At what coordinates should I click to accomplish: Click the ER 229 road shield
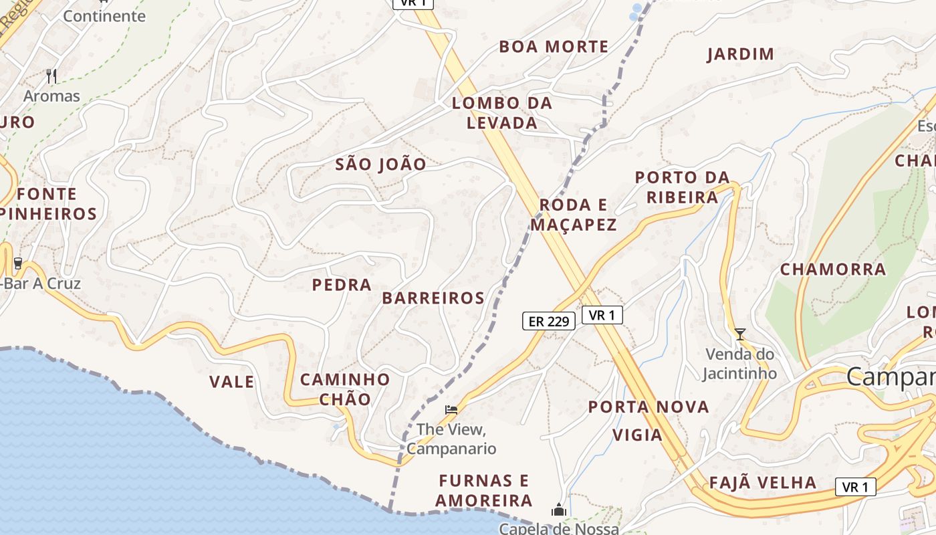(x=548, y=321)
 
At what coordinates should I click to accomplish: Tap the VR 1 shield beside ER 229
(x=602, y=315)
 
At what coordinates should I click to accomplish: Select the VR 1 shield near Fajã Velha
(x=855, y=487)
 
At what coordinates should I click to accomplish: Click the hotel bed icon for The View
(x=451, y=409)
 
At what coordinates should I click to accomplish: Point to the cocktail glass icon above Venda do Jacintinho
(x=739, y=334)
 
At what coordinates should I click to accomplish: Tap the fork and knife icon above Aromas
(x=51, y=76)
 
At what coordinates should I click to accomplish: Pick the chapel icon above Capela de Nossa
(x=559, y=510)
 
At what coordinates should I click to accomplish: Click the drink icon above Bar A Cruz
(x=18, y=263)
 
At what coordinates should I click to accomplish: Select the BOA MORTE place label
(x=554, y=47)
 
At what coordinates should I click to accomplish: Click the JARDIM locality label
(x=741, y=54)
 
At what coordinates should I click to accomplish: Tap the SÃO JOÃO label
(x=380, y=165)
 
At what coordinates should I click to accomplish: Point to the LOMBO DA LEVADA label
(x=502, y=113)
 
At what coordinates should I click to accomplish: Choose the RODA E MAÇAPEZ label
(x=574, y=215)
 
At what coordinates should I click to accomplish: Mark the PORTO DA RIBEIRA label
(x=682, y=187)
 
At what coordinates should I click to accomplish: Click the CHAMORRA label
(x=832, y=270)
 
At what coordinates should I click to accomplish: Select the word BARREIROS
(x=433, y=298)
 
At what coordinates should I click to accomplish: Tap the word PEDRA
(x=342, y=285)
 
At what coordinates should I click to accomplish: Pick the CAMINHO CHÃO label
(x=345, y=389)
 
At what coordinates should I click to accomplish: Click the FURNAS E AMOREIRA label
(x=484, y=490)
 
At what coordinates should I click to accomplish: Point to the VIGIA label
(x=637, y=435)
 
